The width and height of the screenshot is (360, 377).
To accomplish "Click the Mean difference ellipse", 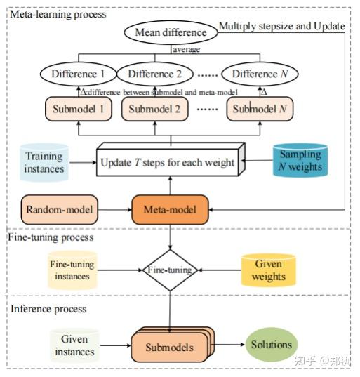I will click(x=171, y=32).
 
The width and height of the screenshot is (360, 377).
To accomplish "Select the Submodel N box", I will click(x=258, y=109).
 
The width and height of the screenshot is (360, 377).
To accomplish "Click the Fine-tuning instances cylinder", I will click(x=72, y=270).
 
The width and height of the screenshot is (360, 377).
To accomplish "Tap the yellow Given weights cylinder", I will click(x=268, y=270).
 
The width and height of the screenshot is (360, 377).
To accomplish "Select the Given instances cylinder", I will click(x=73, y=345).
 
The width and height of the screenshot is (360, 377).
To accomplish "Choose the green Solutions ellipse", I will click(x=272, y=345).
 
